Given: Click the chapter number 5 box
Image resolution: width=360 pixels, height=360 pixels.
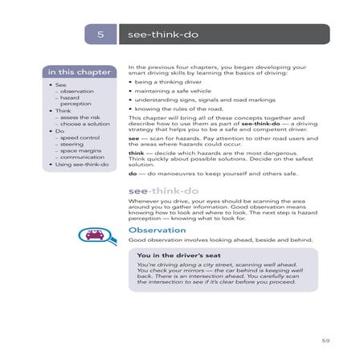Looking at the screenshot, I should point(100,35).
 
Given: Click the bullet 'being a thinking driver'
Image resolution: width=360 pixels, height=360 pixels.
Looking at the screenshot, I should point(164,81).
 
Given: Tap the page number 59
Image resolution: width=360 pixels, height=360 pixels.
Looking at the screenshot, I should point(325,340).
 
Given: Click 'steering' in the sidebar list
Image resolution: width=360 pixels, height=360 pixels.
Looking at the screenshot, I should point(72,145).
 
